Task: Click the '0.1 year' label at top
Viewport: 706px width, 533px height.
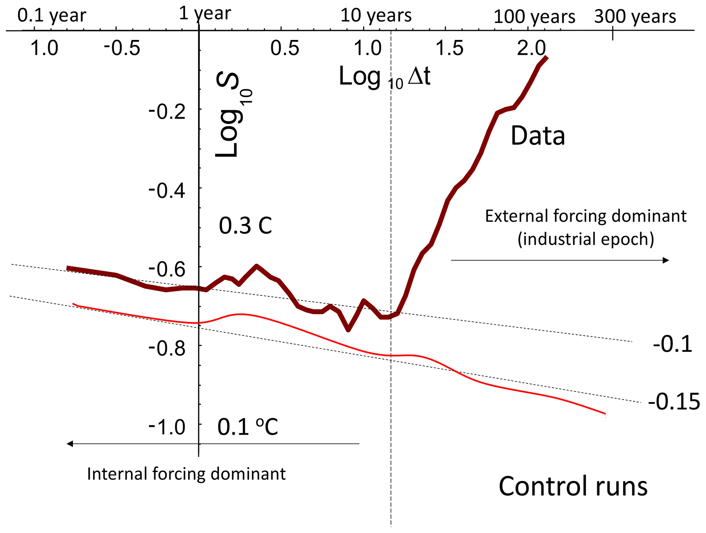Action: click(52, 16)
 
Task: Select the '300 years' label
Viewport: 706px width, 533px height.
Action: click(635, 16)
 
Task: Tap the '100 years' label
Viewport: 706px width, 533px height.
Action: click(534, 16)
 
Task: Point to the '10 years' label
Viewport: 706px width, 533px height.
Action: click(376, 15)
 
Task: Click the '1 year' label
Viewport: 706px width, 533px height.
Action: click(205, 14)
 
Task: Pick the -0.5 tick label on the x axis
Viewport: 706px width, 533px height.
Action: click(122, 48)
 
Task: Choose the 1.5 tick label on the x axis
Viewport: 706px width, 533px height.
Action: click(450, 48)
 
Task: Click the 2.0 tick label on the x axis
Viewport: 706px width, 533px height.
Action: click(531, 48)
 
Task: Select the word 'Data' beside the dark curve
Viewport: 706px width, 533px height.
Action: click(538, 136)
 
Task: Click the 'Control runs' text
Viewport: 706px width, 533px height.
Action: click(573, 486)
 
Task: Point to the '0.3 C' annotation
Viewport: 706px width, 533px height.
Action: click(245, 225)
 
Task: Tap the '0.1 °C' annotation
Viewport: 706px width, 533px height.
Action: click(248, 427)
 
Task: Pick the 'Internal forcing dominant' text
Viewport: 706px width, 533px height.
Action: click(186, 474)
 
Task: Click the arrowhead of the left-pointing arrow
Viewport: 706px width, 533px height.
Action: click(70, 444)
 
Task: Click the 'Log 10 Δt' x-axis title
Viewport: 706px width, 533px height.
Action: click(384, 77)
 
